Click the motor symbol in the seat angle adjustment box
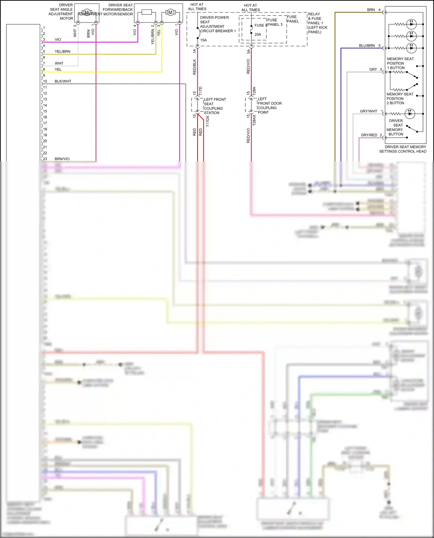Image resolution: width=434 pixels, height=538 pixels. (x=87, y=13)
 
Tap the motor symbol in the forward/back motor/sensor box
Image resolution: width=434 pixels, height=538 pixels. (x=170, y=12)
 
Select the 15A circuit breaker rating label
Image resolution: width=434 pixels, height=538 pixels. (x=203, y=40)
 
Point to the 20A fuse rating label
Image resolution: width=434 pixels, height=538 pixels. (x=258, y=34)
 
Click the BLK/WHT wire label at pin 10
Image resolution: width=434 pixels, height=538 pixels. (x=63, y=81)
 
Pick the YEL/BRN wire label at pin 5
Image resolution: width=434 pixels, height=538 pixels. (x=62, y=51)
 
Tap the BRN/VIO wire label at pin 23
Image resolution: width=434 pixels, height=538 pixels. (x=62, y=159)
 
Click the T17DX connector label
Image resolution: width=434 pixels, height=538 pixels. (x=207, y=121)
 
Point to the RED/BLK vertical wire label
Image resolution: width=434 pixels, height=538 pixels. (x=194, y=67)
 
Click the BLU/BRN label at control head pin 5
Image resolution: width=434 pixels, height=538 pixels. (x=367, y=46)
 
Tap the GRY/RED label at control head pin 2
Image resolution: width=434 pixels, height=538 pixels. (x=369, y=135)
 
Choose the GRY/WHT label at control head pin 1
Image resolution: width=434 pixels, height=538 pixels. (x=369, y=111)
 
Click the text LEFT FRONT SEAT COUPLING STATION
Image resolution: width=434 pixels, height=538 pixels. (x=215, y=106)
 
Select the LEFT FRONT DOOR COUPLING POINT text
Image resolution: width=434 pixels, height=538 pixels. (x=269, y=106)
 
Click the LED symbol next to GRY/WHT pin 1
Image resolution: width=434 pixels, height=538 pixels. (x=410, y=114)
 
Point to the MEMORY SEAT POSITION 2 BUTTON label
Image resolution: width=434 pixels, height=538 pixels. (x=400, y=98)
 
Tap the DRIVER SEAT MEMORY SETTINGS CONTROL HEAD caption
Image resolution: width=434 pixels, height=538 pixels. (x=403, y=149)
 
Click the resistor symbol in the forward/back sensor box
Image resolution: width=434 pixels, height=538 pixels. (x=147, y=12)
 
